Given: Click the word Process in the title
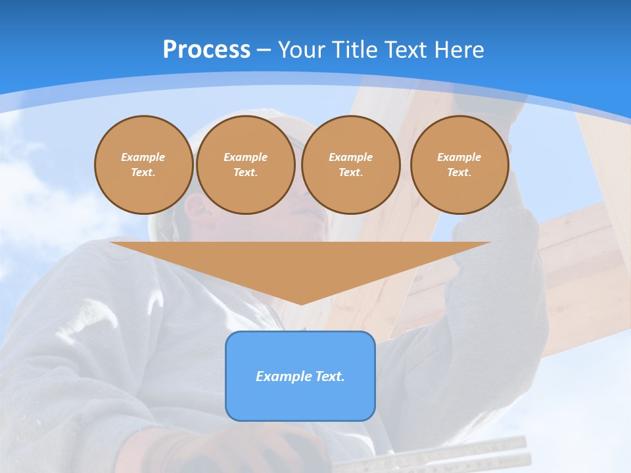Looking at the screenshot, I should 206,49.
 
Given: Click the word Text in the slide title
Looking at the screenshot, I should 406,49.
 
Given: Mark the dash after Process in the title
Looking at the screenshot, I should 264,51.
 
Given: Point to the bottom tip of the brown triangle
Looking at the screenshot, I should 300,303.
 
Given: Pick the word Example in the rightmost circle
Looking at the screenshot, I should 459,157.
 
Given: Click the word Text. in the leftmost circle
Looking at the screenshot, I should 144,172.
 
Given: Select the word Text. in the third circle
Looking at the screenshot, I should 351,172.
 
